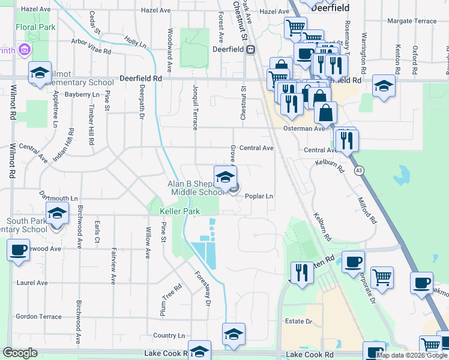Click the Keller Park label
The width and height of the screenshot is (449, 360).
pyautogui.click(x=179, y=212)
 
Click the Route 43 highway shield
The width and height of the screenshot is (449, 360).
pyautogui.click(x=359, y=170)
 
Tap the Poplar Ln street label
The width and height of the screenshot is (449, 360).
pyautogui.click(x=259, y=196)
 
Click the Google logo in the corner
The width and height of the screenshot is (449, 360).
pyautogui.click(x=20, y=353)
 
